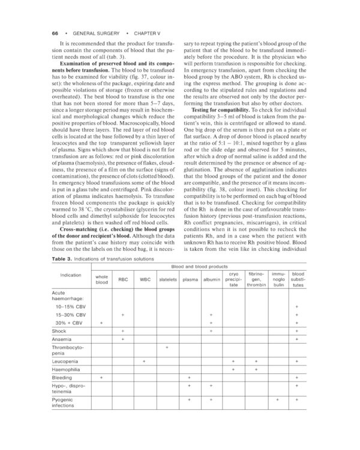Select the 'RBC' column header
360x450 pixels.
(x=122, y=279)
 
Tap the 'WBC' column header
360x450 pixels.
(x=145, y=279)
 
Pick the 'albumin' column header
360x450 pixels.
(x=211, y=279)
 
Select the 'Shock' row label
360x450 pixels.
(x=59, y=331)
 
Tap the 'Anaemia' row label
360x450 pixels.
(x=62, y=340)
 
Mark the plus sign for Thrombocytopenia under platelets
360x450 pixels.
(x=166, y=348)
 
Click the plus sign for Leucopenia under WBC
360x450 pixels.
(x=145, y=361)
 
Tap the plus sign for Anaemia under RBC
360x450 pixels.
(x=122, y=340)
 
